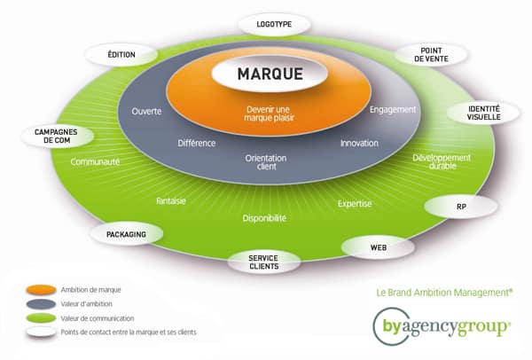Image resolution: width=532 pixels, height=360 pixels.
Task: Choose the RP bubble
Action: pyautogui.click(x=461, y=206)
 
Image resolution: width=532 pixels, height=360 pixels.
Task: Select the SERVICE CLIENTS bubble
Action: pyautogui.click(x=263, y=262)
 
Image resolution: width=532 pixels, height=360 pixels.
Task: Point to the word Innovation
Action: pyautogui.click(x=359, y=143)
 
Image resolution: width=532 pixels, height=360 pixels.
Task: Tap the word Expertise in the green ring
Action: pyautogui.click(x=354, y=204)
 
